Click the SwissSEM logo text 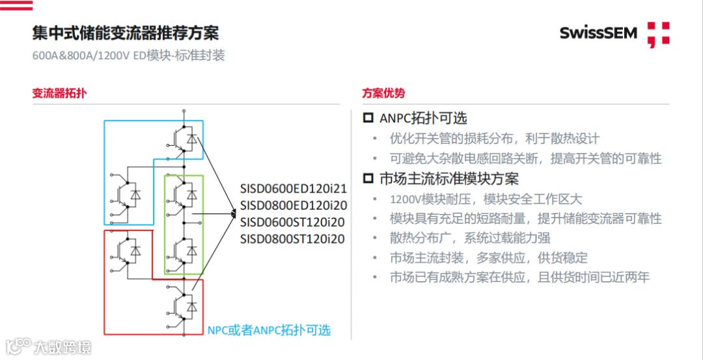[x=598, y=33]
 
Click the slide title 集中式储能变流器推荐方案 [x=126, y=33]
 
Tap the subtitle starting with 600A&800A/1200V [x=128, y=55]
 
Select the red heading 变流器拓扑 [x=59, y=93]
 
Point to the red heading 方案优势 [x=383, y=93]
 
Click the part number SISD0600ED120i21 [x=293, y=189]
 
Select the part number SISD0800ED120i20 [x=293, y=205]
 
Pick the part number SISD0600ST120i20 [x=293, y=222]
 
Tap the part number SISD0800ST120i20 [x=293, y=239]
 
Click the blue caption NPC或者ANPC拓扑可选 [x=269, y=330]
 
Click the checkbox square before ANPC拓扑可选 [x=368, y=118]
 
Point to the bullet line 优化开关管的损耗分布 [x=494, y=139]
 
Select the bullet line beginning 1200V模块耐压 [x=486, y=199]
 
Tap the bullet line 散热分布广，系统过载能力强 [x=469, y=238]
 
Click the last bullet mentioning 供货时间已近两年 [x=519, y=277]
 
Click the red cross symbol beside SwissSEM [x=658, y=35]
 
